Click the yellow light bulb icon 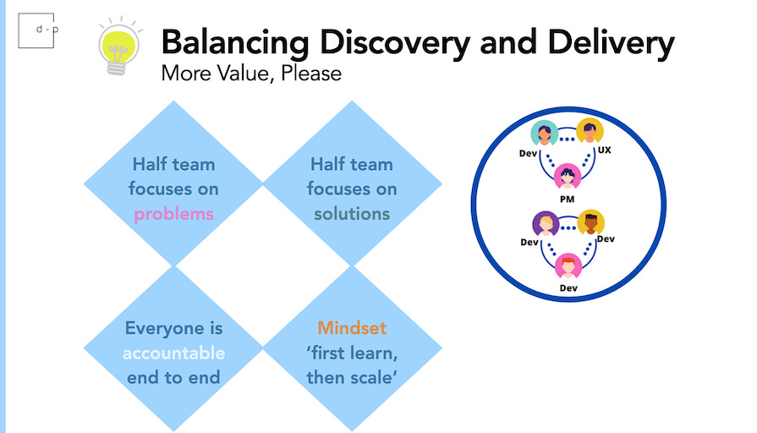[118, 46]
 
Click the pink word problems [173, 214]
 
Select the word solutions [352, 214]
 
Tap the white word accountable [173, 353]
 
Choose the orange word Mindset [352, 328]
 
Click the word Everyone [173, 328]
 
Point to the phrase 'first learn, [352, 353]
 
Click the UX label [604, 150]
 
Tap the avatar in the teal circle [543, 134]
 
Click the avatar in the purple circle [545, 224]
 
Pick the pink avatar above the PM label [567, 177]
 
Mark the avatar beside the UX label [589, 132]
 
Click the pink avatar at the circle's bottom [567, 266]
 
